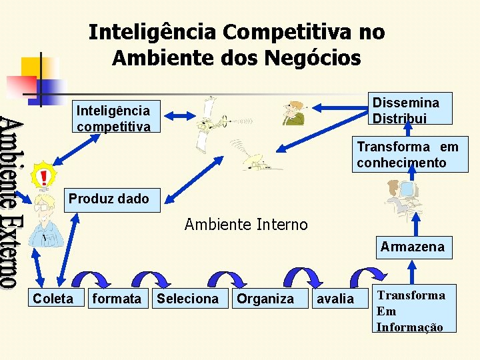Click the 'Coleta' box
pos(54,299)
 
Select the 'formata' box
pos(117,299)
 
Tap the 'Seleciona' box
pos(187,299)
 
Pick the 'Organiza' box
pos(265,299)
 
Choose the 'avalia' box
pos(335,299)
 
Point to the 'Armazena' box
pos(412,247)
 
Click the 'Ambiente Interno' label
pos(246,225)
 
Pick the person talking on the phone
pos(293,114)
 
